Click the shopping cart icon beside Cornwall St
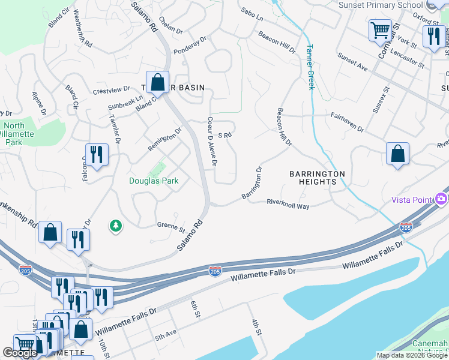(x=380, y=29)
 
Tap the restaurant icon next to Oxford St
(x=432, y=36)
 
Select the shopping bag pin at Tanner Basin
(x=157, y=82)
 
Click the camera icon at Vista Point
(x=442, y=199)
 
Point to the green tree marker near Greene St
(x=115, y=226)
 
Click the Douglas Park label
(x=154, y=181)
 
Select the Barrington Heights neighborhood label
(x=317, y=178)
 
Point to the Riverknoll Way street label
(x=288, y=204)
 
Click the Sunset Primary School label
(x=381, y=5)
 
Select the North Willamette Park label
(x=13, y=134)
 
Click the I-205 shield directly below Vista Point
(x=406, y=227)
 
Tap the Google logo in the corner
(x=20, y=353)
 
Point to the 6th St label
(x=194, y=305)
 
